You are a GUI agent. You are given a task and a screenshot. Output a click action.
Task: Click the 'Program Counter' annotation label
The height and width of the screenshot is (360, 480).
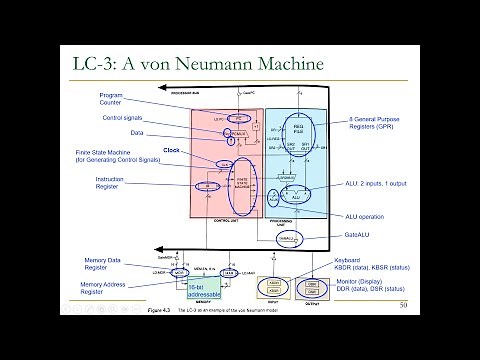[110, 98]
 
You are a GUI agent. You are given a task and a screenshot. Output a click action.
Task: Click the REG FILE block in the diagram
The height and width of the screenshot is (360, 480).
[296, 130]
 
